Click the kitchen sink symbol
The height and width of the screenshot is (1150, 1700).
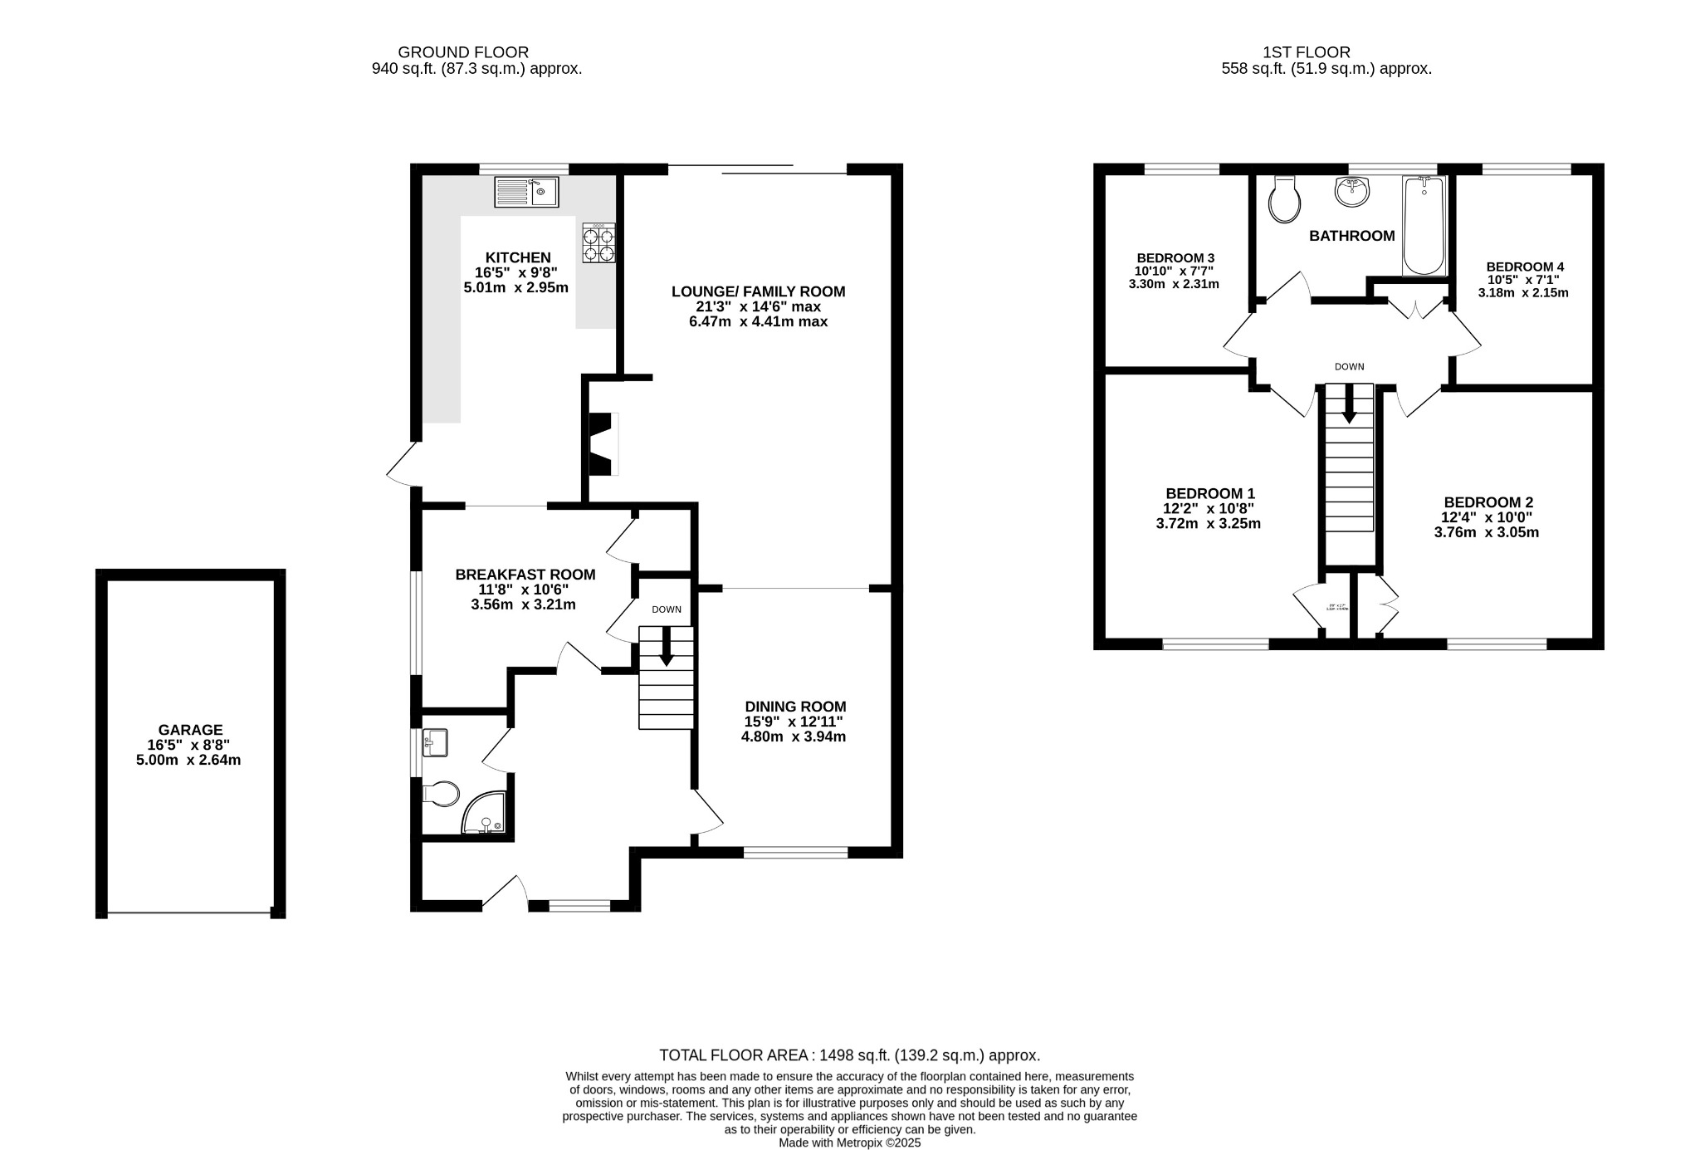(x=526, y=192)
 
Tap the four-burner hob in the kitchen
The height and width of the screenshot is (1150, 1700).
(x=598, y=243)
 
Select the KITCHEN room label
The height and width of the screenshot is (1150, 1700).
(x=518, y=258)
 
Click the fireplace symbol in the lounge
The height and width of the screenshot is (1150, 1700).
(x=603, y=444)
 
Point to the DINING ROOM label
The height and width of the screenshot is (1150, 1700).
(x=794, y=707)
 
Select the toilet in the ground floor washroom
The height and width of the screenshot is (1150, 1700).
(x=442, y=794)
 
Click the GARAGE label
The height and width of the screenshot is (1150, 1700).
(x=191, y=730)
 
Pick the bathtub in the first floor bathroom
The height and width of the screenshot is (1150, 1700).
(x=1424, y=225)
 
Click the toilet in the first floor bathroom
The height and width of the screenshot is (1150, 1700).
(x=1284, y=200)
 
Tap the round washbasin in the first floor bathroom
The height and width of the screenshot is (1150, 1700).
(x=1352, y=192)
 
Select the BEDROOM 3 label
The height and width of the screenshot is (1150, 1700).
(x=1175, y=257)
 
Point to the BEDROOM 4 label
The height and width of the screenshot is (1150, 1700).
(x=1525, y=267)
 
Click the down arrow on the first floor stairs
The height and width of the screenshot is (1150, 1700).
(x=1349, y=404)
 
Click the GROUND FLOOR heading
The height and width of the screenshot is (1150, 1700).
(x=463, y=52)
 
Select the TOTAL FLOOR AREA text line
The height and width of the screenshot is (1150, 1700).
(x=849, y=1055)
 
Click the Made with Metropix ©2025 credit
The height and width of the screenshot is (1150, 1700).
(x=849, y=1143)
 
